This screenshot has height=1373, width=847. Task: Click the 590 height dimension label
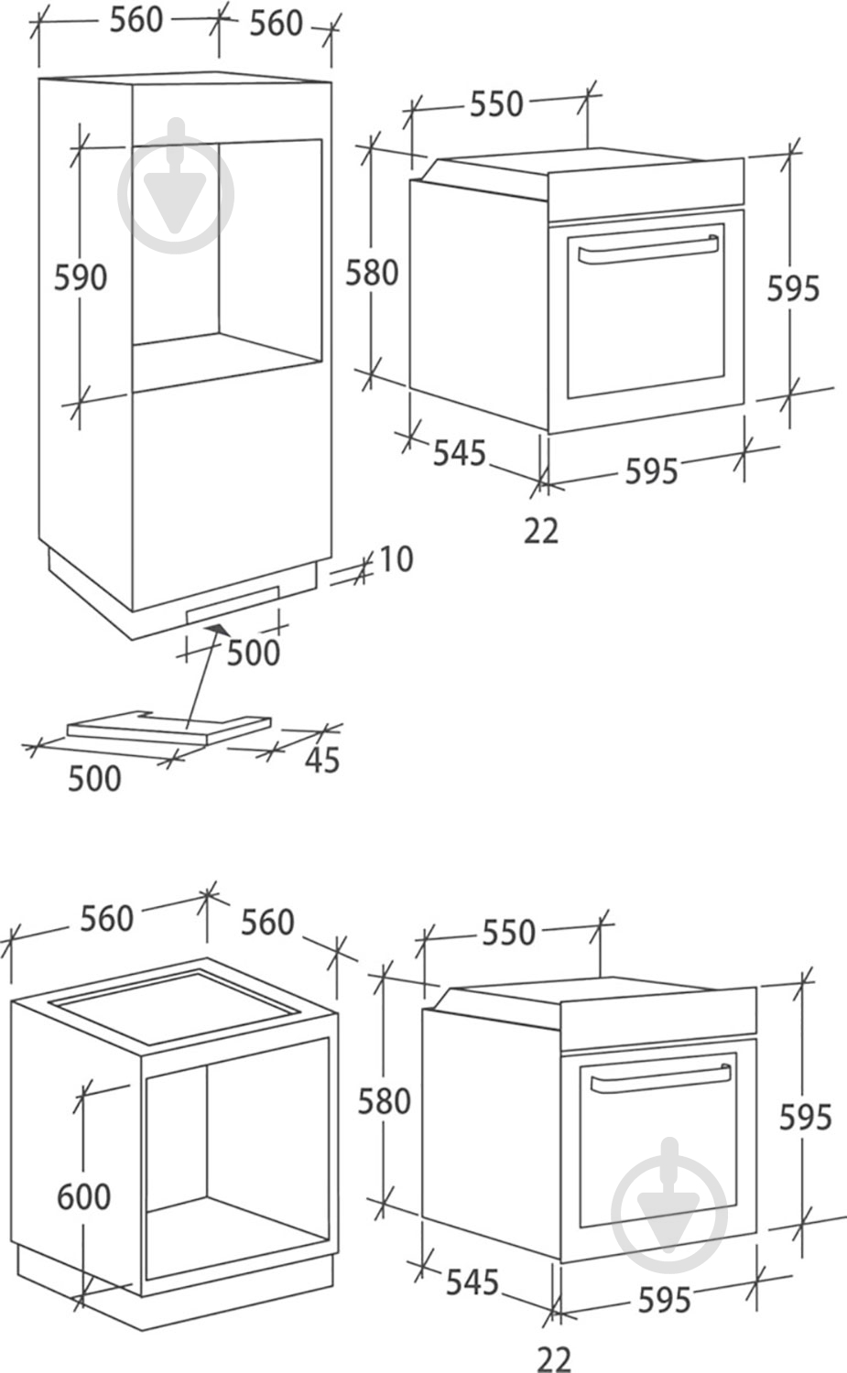81,277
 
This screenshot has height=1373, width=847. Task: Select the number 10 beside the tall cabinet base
396,559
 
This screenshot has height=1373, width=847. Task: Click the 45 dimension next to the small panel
322,760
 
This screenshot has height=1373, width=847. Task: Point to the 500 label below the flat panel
94,779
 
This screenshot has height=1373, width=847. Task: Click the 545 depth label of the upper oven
460,453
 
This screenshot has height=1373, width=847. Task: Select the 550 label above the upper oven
497,103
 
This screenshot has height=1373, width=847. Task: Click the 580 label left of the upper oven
372,273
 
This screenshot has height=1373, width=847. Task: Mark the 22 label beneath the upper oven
541,531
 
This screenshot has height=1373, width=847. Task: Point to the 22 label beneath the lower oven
554,1359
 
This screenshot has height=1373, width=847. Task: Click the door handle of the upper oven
648,250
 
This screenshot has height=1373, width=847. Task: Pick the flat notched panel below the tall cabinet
168,728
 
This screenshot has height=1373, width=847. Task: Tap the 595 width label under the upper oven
651,471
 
